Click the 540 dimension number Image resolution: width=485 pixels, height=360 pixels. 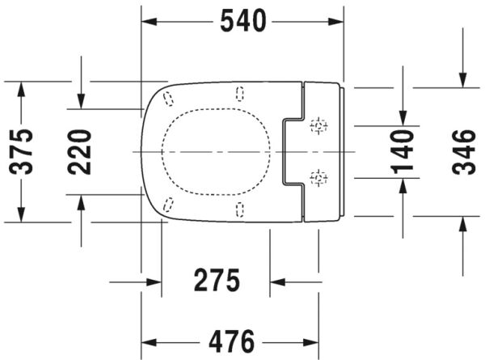[x=243, y=21]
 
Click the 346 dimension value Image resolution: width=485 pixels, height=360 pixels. [x=462, y=151]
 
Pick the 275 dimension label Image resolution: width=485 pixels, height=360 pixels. [x=217, y=282]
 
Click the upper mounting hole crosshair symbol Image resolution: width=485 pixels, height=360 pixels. [x=319, y=125]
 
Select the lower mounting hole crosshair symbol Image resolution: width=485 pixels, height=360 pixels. [x=319, y=176]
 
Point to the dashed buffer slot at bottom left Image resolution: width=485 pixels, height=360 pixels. [x=168, y=204]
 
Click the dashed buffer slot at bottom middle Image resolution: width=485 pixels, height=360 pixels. [x=239, y=210]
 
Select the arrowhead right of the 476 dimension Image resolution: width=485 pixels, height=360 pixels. [x=310, y=339]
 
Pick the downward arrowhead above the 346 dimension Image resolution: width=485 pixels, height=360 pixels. [x=462, y=79]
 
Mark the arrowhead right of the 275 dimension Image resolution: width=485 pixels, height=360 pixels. [x=278, y=282]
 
